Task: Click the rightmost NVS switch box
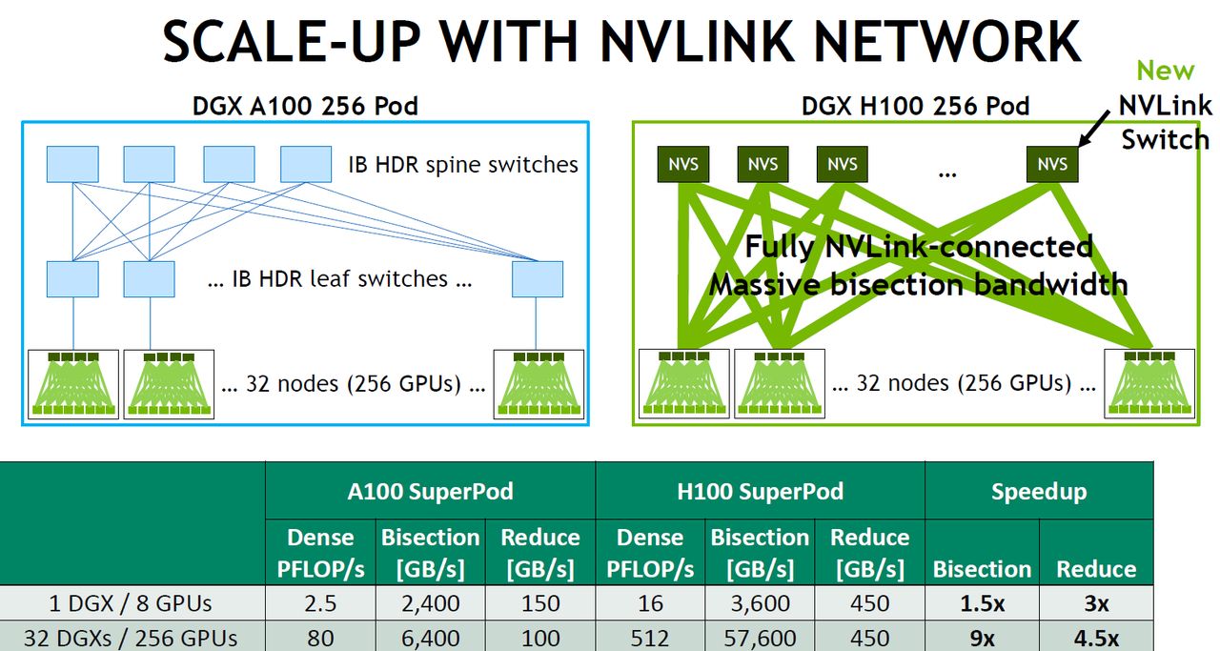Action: coord(1052,164)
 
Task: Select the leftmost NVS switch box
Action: coord(683,164)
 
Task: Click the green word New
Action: coord(1165,71)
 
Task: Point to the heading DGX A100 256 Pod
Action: coord(305,105)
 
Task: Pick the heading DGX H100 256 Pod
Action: coord(915,105)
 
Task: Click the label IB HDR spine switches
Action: coord(463,164)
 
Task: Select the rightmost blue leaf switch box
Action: coord(538,279)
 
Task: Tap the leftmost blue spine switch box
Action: coord(72,164)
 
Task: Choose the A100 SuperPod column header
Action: coord(430,491)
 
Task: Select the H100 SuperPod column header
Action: coord(760,491)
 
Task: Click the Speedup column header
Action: coord(1039,491)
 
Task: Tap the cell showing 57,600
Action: coord(760,638)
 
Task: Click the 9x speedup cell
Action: coord(982,638)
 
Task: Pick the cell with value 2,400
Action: coord(430,603)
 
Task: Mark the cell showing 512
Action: coord(650,638)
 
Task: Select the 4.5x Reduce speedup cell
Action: coord(1096,638)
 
